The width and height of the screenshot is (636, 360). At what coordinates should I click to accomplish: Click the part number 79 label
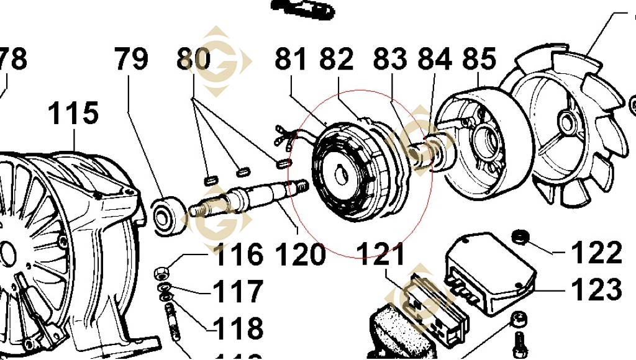pos(131,60)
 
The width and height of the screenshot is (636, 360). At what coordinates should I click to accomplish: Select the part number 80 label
pos(193,60)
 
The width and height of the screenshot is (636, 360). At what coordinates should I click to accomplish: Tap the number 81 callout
pos(291,60)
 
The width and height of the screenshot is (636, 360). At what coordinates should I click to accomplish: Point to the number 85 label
pos(479,60)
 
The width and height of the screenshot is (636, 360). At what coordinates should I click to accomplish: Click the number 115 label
pos(73,114)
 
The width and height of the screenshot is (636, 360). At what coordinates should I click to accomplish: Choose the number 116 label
pos(238,254)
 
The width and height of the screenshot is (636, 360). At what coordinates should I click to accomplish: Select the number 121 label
pos(381,254)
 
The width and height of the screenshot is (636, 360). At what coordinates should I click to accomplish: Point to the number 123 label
pos(596,289)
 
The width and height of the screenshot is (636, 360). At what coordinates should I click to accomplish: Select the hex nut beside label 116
pos(161,272)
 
